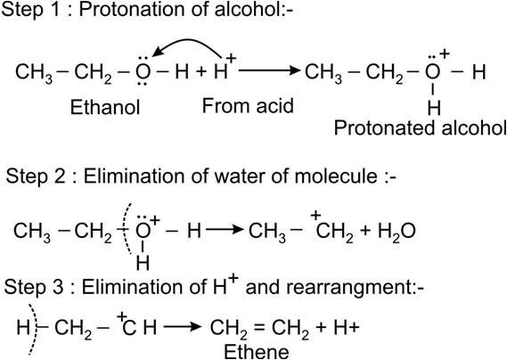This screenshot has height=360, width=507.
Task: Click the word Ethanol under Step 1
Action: [x=105, y=107]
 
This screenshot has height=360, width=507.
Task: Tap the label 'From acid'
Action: [x=248, y=106]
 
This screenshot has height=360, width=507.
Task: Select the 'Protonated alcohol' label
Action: [x=420, y=127]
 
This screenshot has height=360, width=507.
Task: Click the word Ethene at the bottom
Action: [x=257, y=352]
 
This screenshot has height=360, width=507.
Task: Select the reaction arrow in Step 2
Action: [x=225, y=230]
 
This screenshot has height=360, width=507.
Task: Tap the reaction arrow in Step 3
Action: [x=183, y=327]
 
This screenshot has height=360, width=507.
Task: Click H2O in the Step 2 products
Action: [x=397, y=232]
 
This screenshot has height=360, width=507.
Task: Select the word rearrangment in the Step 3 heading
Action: [x=329, y=287]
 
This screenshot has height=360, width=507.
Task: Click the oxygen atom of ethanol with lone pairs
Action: [x=143, y=71]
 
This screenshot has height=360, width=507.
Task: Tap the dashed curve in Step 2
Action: [x=127, y=228]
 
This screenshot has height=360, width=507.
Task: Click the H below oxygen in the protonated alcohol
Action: [x=434, y=109]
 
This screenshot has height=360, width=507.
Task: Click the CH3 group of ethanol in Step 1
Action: [x=34, y=72]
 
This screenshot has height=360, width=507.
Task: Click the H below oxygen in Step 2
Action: [x=143, y=263]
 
